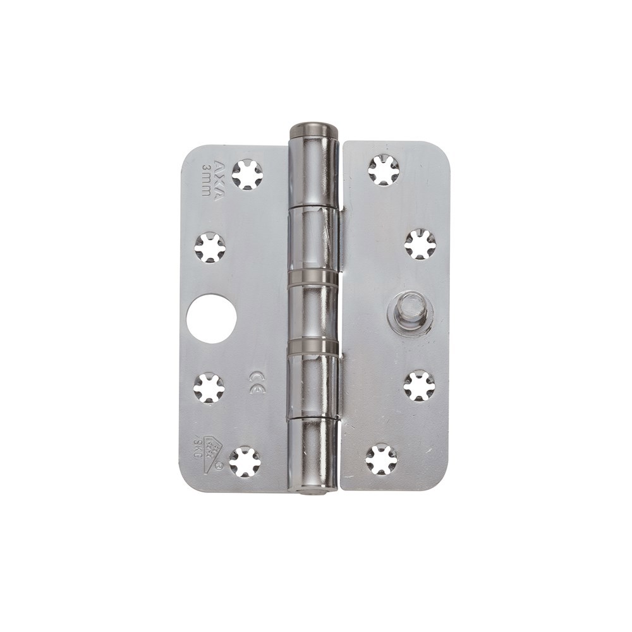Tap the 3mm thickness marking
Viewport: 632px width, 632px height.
pyautogui.click(x=206, y=179)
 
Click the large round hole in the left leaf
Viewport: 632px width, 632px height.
pyautogui.click(x=212, y=319)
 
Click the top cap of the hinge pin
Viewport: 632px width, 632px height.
pyautogui.click(x=313, y=132)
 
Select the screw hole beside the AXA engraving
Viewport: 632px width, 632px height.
pyautogui.click(x=246, y=174)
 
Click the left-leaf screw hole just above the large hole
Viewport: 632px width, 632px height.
pyautogui.click(x=209, y=248)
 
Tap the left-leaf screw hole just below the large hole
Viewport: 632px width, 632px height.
pyautogui.click(x=209, y=387)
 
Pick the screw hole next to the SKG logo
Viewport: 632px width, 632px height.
pyautogui.click(x=245, y=462)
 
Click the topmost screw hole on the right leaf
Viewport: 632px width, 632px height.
pyautogui.click(x=384, y=170)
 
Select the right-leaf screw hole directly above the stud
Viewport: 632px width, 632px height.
pyautogui.click(x=420, y=244)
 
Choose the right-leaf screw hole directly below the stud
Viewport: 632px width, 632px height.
pyautogui.click(x=420, y=386)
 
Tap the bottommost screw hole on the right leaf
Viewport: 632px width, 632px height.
pyautogui.click(x=382, y=459)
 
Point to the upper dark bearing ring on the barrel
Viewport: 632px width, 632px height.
pyautogui.click(x=313, y=275)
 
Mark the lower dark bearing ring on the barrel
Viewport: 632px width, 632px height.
pyautogui.click(x=313, y=346)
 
